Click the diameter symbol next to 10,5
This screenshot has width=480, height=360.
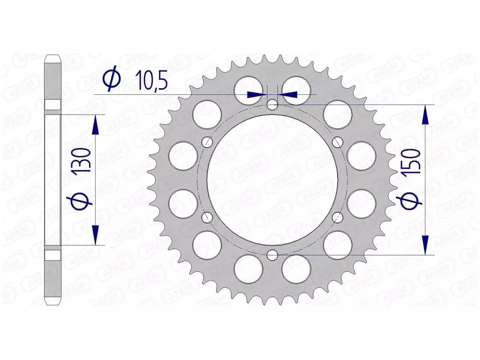(x=112, y=81)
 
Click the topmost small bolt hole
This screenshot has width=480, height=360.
(x=273, y=104)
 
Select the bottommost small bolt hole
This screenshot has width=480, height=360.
(x=273, y=255)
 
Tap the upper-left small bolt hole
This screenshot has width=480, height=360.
(x=207, y=142)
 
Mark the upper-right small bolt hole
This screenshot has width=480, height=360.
(x=338, y=142)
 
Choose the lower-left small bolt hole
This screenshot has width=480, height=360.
(x=207, y=217)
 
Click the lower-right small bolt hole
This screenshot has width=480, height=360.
(x=338, y=217)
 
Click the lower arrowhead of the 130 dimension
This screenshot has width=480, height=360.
(x=95, y=235)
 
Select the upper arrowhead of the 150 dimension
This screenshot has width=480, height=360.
(x=425, y=114)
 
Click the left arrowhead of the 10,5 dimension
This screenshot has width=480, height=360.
(x=256, y=94)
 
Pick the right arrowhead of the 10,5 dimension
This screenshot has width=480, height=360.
(x=289, y=94)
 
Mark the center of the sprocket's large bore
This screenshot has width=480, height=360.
(x=273, y=180)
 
